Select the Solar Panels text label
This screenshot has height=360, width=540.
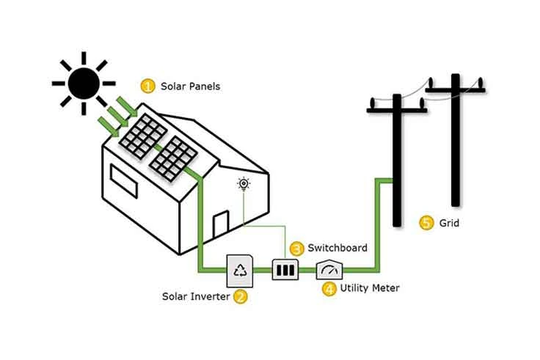pos(190,87)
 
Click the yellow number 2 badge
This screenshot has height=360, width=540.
pos(240,297)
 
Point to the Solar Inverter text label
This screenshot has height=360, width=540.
pos(196,297)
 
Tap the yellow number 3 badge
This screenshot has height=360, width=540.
pos(296,249)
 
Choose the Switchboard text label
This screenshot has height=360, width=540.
pos(337,249)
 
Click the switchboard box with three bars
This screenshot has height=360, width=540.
pos(285,270)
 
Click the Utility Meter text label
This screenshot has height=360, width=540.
pos(370,288)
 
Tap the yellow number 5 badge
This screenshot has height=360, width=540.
pos(426,223)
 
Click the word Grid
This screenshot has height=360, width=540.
pos(449,223)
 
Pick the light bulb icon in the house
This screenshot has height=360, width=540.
pos(244,184)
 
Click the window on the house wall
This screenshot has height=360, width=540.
pos(124,181)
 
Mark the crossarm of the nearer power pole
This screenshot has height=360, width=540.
pos(395,111)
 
